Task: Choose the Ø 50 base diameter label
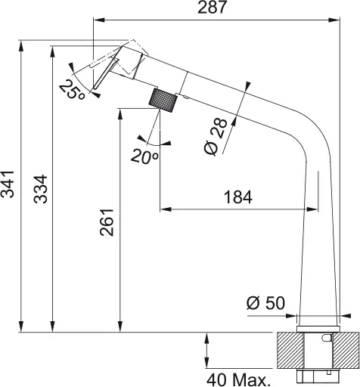265,303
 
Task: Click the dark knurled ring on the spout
166,99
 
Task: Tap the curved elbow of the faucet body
306,140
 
